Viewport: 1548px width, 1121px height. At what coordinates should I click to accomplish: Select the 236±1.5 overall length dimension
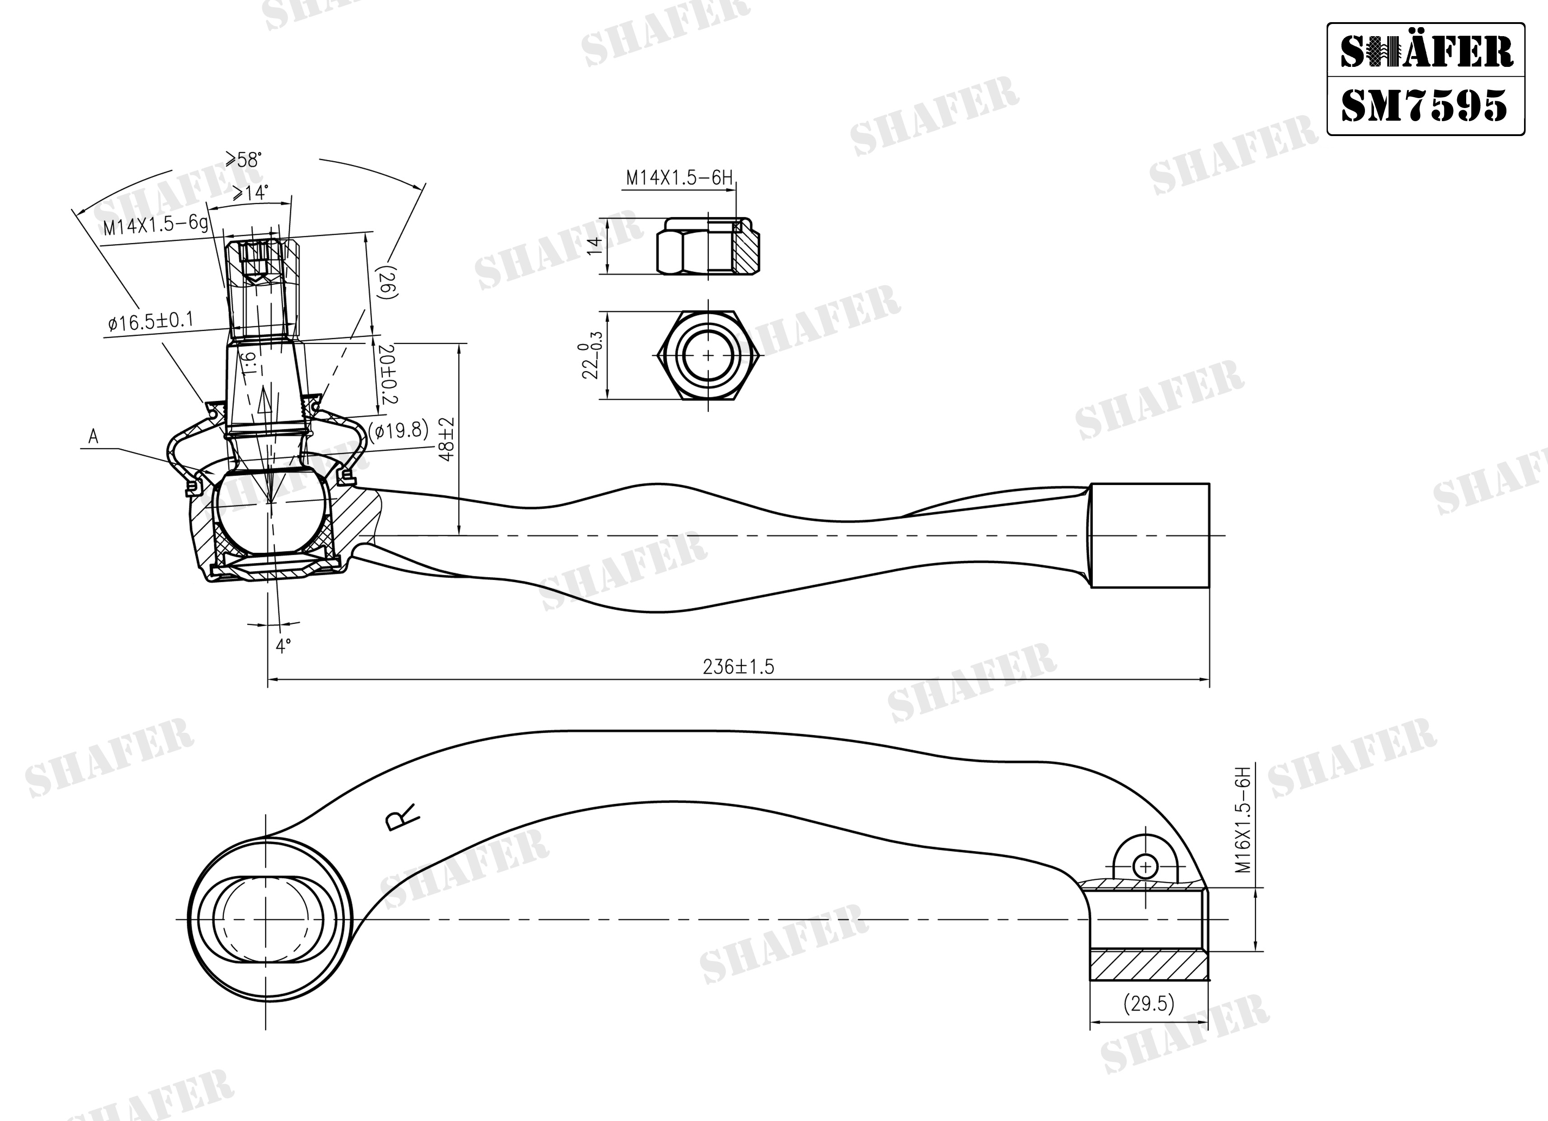click(739, 667)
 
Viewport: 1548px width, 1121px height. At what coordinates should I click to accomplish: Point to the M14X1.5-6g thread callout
click(156, 225)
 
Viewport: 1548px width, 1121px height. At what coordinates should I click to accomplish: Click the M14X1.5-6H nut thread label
click(679, 178)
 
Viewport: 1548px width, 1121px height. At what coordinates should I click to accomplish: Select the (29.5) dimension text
click(1149, 1003)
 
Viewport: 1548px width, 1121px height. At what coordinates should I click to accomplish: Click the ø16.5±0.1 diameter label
click(151, 321)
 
